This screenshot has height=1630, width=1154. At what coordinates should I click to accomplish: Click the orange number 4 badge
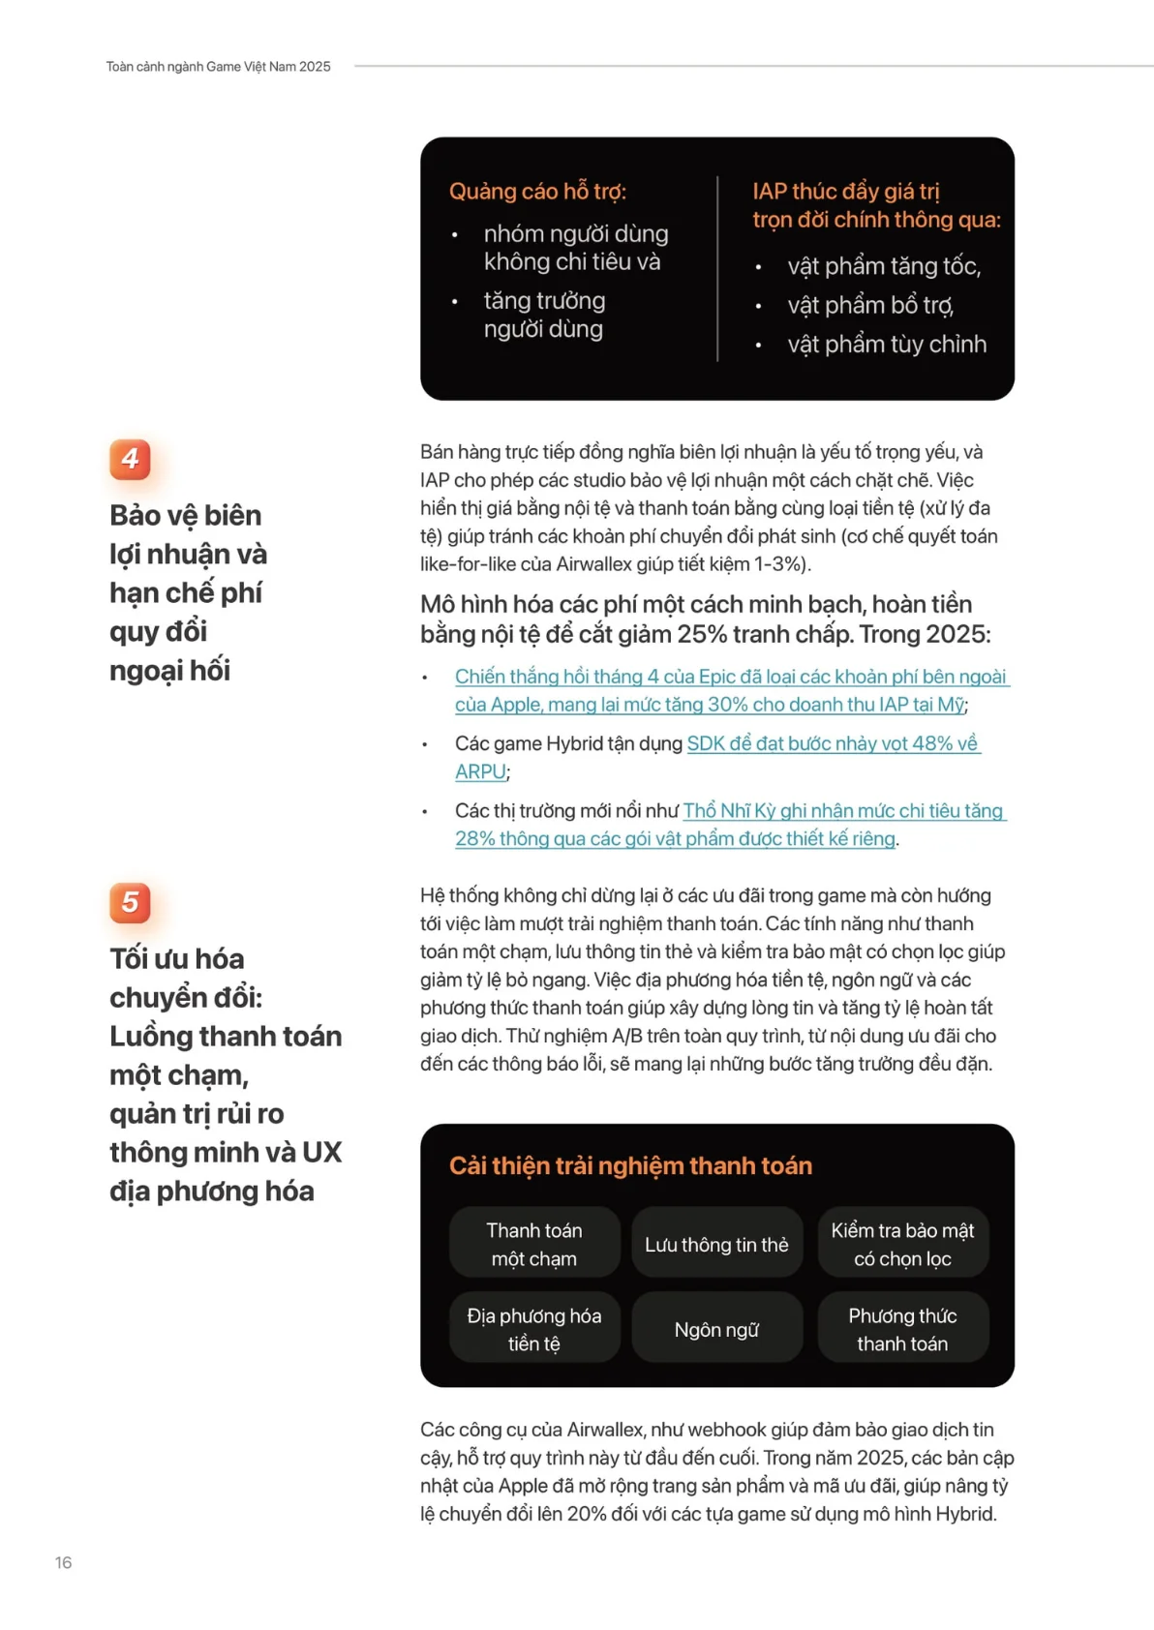(130, 459)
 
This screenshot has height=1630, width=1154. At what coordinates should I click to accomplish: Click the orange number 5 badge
(130, 902)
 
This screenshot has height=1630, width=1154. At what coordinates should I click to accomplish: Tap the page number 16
(63, 1562)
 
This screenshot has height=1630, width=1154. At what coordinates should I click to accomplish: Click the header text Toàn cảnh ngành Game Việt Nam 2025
(218, 67)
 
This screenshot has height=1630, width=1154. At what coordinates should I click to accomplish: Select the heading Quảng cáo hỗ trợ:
(537, 192)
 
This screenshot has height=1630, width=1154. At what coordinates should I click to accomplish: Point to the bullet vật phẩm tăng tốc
(883, 266)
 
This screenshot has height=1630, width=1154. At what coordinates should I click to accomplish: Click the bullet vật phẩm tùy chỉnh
(886, 345)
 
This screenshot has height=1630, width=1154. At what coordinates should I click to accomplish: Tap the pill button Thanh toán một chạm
(534, 1244)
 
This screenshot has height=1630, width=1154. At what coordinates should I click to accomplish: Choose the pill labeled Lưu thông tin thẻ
(716, 1245)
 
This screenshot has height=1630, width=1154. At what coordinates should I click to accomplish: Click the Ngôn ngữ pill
(716, 1330)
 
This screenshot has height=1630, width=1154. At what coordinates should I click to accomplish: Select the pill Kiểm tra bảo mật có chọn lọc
(902, 1244)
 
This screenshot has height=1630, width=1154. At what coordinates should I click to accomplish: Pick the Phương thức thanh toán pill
(902, 1329)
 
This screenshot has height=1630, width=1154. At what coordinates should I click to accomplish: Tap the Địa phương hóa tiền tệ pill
(534, 1329)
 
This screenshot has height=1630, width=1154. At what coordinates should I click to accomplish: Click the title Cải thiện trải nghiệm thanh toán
(630, 1165)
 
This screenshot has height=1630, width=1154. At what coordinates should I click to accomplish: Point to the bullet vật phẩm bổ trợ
(869, 306)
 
